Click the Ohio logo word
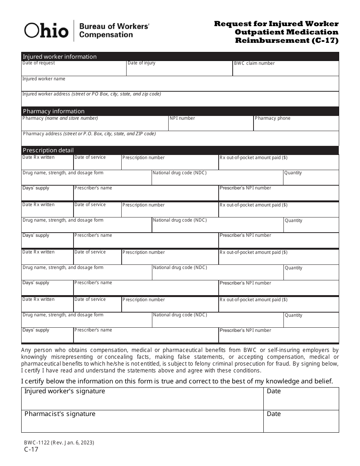click(x=46, y=30)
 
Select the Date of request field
click(x=74, y=70)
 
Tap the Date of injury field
click(x=179, y=70)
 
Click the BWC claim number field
click(x=286, y=70)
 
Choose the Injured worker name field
click(x=180, y=85)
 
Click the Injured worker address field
click(x=180, y=100)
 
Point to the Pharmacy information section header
click(x=54, y=111)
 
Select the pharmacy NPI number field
click(x=211, y=125)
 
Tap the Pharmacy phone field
click(x=296, y=125)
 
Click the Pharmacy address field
click(x=180, y=140)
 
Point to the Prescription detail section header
click(x=48, y=150)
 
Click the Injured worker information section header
click(x=60, y=56)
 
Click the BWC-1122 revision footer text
click(x=59, y=443)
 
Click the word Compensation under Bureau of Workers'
click(x=106, y=35)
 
